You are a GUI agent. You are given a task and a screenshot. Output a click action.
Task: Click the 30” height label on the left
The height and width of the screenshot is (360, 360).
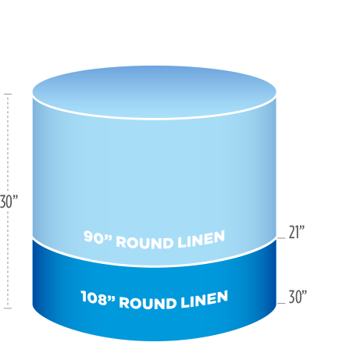point(9,201)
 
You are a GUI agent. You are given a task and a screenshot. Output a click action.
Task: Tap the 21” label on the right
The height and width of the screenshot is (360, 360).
point(297,232)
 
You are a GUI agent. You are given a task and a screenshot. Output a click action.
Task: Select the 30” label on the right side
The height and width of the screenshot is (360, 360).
point(298,297)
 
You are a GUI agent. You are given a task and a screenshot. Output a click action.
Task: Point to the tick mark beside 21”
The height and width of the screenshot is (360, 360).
point(281,238)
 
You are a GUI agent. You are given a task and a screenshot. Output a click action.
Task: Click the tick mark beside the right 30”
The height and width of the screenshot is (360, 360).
point(281,303)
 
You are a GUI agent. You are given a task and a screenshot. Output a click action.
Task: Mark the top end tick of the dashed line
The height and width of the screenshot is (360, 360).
point(8,94)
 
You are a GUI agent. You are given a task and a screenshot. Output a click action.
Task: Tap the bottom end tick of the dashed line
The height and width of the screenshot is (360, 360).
point(8,308)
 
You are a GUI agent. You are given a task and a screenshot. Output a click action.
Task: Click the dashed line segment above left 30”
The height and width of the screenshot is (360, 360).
point(8,143)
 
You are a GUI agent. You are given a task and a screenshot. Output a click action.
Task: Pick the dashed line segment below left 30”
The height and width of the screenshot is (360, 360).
point(8,259)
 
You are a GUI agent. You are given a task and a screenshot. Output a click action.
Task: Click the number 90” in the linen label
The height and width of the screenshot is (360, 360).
point(98,237)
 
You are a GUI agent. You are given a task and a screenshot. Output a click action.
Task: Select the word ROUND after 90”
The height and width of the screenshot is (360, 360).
point(144,243)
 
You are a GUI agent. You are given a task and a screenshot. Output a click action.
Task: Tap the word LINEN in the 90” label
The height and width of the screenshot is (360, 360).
point(201,239)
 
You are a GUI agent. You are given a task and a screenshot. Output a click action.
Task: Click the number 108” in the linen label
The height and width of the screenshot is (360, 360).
point(98,298)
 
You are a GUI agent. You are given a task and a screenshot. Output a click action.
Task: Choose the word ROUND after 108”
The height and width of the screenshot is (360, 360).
point(148,303)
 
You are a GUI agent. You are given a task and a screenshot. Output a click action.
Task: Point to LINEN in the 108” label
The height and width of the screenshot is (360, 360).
point(205,300)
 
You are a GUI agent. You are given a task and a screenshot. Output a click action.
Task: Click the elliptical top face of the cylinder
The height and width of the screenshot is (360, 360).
point(154,91)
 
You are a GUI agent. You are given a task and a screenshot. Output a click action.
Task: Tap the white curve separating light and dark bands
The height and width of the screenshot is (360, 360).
point(154,266)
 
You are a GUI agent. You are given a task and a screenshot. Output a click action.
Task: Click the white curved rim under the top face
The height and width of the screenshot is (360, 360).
point(154,119)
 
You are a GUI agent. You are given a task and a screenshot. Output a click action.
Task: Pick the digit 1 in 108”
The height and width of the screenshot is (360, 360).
point(84,296)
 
